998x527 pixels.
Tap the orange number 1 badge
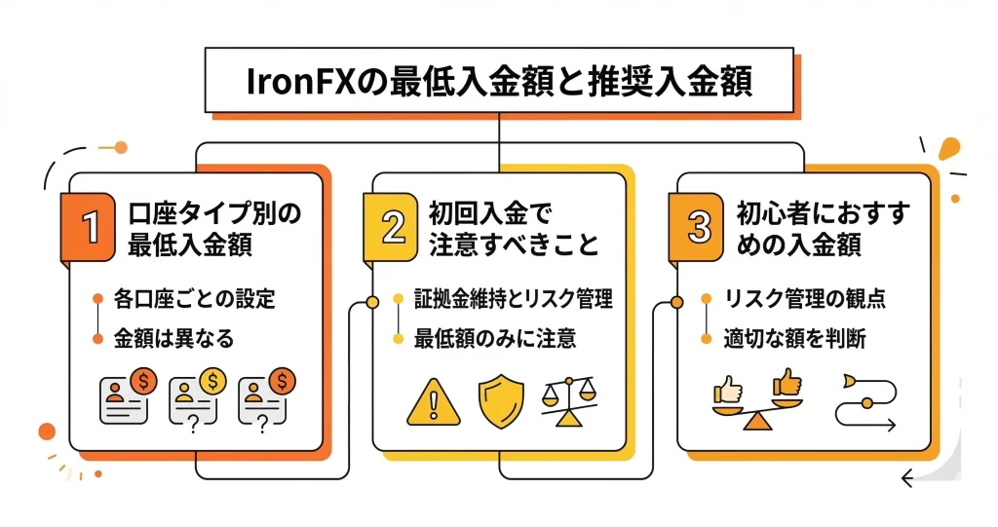[x=91, y=228]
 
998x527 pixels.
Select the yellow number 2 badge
[x=393, y=228]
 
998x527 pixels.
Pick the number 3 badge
[x=698, y=228]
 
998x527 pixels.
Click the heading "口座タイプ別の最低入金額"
[x=215, y=229]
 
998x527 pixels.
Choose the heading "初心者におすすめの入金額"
[x=817, y=229]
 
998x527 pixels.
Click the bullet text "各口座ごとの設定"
[x=195, y=298]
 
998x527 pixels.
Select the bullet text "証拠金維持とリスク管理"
[x=513, y=298]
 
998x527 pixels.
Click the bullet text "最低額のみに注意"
[x=494, y=338]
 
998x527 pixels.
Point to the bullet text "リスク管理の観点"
[x=804, y=298]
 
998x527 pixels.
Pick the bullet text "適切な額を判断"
[x=794, y=338]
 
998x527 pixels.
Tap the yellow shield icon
[x=500, y=400]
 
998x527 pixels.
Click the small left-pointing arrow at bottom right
[x=908, y=478]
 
